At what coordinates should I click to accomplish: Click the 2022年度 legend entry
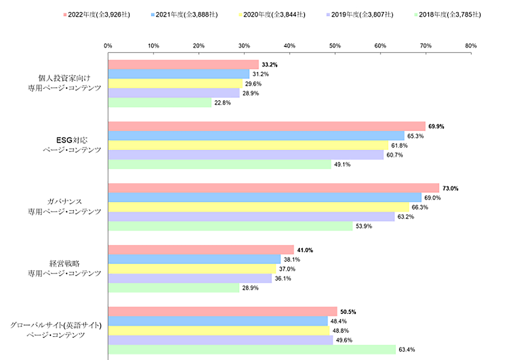coord(96,14)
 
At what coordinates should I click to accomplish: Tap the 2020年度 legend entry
coord(271,14)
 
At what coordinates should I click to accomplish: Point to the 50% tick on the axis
coord(335,46)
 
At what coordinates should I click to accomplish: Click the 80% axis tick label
coord(471,46)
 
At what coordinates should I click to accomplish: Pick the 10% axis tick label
coord(153,46)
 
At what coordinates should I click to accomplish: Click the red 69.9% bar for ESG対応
coord(266,126)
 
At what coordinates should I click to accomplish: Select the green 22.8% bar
coord(159,103)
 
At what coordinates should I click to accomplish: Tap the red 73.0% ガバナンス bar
coord(273,188)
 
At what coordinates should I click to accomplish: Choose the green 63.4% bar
coord(251,350)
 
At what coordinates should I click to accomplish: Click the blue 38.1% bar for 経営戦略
coord(194,259)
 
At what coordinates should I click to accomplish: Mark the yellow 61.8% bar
coord(248,146)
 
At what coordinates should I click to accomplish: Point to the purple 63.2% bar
coord(251,217)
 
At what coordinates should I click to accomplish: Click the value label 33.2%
coord(269,65)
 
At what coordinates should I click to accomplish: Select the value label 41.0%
coord(305,250)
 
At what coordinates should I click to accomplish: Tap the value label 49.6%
coord(343,341)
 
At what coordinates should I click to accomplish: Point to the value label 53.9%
coord(363,227)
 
